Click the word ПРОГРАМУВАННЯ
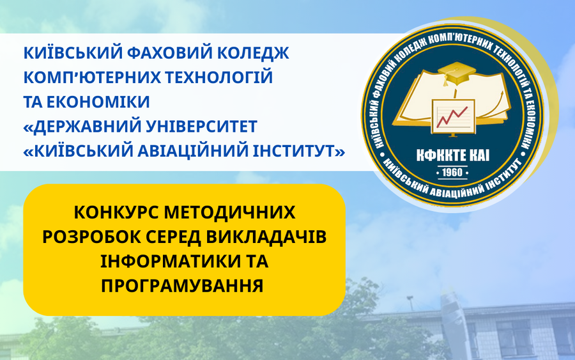[x=182, y=286]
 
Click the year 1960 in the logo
[x=452, y=173]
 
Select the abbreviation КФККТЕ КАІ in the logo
[x=452, y=156]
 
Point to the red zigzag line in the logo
[x=452, y=116]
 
